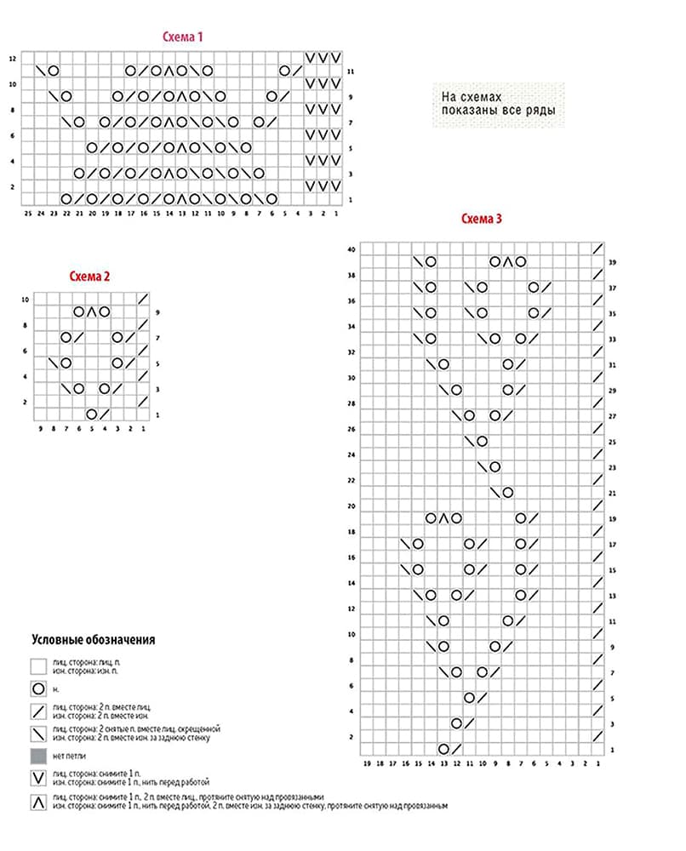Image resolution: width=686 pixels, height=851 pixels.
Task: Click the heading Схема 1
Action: pyautogui.click(x=182, y=37)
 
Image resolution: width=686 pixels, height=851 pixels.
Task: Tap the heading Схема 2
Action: pyautogui.click(x=90, y=276)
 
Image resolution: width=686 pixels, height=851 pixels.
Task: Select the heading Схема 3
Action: pyautogui.click(x=482, y=219)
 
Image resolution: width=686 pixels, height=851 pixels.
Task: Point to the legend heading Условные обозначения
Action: pyautogui.click(x=94, y=639)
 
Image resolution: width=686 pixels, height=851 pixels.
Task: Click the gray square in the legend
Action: pyautogui.click(x=38, y=755)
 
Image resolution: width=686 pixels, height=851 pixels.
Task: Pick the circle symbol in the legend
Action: pyautogui.click(x=38, y=688)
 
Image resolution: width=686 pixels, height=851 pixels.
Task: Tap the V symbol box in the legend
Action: pyautogui.click(x=38, y=777)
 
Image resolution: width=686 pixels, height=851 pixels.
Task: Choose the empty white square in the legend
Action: pyautogui.click(x=38, y=665)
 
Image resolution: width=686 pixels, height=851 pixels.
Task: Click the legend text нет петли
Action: pyautogui.click(x=69, y=755)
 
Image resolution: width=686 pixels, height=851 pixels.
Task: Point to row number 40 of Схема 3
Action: pyautogui.click(x=351, y=249)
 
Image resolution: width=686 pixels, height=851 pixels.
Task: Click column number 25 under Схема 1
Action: pyautogui.click(x=28, y=214)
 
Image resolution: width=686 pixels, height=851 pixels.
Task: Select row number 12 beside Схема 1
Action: pyautogui.click(x=13, y=59)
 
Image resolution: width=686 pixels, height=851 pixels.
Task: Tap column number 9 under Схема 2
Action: pyautogui.click(x=41, y=429)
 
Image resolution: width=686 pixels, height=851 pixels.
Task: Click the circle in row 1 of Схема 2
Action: pyautogui.click(x=91, y=414)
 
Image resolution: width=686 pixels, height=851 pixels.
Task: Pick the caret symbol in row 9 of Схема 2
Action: pyautogui.click(x=92, y=311)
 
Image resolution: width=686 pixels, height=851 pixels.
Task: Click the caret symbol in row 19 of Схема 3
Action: pyautogui.click(x=444, y=517)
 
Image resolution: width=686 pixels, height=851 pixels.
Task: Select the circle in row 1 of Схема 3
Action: pyautogui.click(x=443, y=749)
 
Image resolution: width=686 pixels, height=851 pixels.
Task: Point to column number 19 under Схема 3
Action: pyautogui.click(x=367, y=763)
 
